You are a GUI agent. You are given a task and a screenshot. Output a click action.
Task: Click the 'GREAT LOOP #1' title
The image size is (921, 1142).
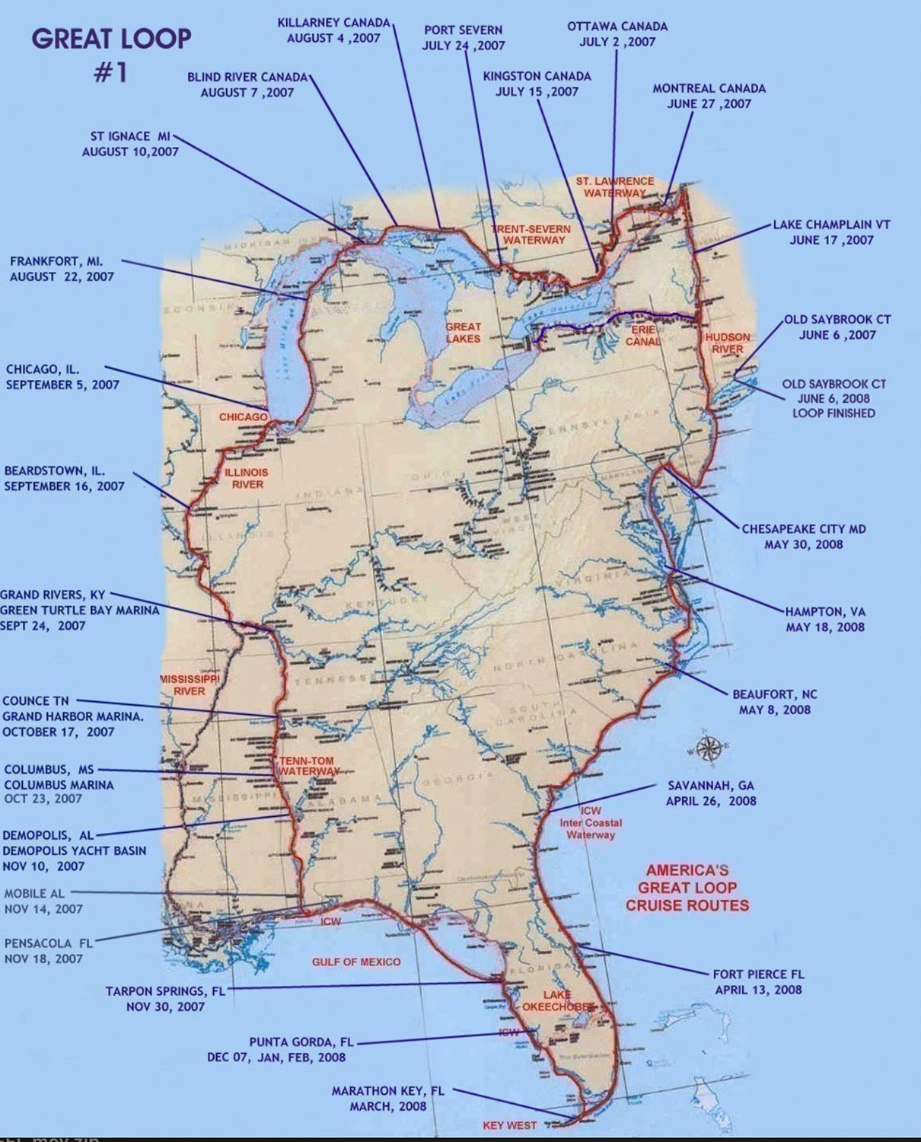(x=111, y=53)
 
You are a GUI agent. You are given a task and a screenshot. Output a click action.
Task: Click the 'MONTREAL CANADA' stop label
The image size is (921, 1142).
(x=709, y=96)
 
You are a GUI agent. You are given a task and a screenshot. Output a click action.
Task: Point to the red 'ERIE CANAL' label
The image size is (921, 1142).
(x=643, y=336)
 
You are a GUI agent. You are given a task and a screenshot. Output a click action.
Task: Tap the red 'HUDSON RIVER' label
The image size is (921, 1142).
(x=727, y=343)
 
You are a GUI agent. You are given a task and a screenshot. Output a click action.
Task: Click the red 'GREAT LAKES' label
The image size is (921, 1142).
(x=464, y=332)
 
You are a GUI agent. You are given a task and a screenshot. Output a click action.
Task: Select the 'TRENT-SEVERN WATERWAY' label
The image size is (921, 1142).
(x=531, y=234)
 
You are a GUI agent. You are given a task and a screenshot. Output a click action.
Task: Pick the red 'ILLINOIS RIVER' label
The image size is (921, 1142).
(x=247, y=478)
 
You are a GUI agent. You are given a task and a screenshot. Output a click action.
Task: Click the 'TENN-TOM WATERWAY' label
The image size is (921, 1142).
(x=308, y=766)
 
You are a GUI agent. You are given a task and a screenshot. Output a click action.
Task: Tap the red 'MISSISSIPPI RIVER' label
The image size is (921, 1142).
(x=190, y=684)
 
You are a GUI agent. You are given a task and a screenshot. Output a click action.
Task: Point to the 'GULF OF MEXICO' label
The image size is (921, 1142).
(x=356, y=962)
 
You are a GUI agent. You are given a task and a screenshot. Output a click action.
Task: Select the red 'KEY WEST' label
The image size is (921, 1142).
(x=509, y=1125)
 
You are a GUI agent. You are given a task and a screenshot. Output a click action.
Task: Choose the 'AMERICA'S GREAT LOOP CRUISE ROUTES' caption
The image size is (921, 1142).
(x=687, y=887)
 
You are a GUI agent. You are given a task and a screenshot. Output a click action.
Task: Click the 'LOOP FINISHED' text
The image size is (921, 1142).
(x=833, y=413)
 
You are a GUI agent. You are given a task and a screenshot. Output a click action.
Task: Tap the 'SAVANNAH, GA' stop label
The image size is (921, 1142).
(x=711, y=793)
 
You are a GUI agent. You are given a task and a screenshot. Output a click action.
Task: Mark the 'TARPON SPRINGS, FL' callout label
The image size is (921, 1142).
(x=166, y=999)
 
